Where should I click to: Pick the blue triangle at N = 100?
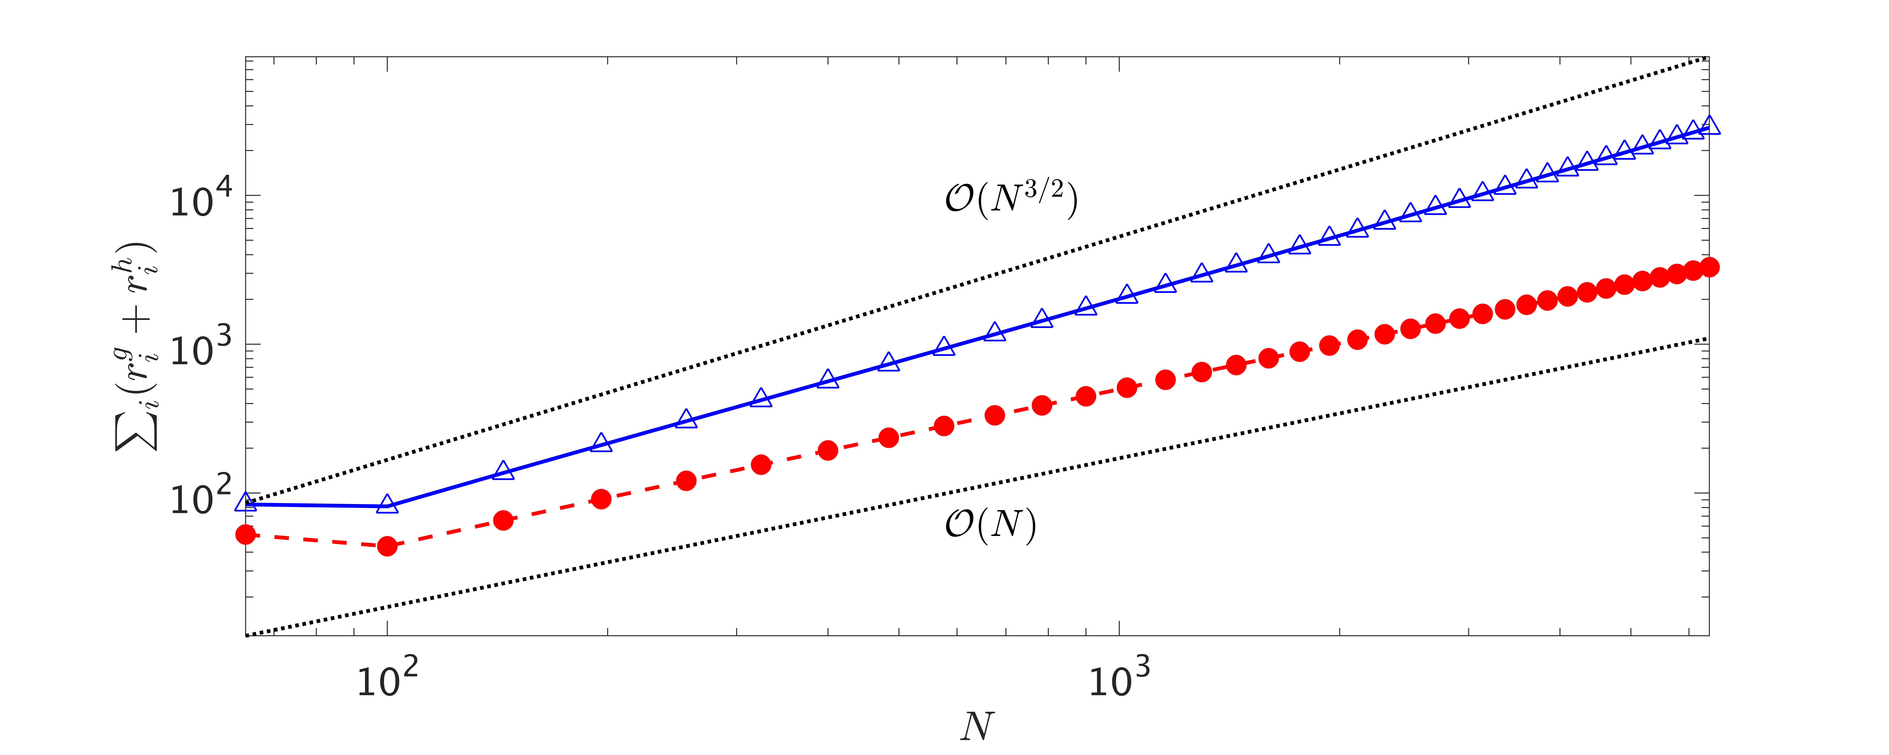[387, 504]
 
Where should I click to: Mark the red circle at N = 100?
[387, 546]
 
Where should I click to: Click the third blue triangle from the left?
[503, 471]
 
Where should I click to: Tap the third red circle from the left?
[503, 521]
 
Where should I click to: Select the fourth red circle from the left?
[601, 499]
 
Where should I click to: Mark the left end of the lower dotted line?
[247, 635]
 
